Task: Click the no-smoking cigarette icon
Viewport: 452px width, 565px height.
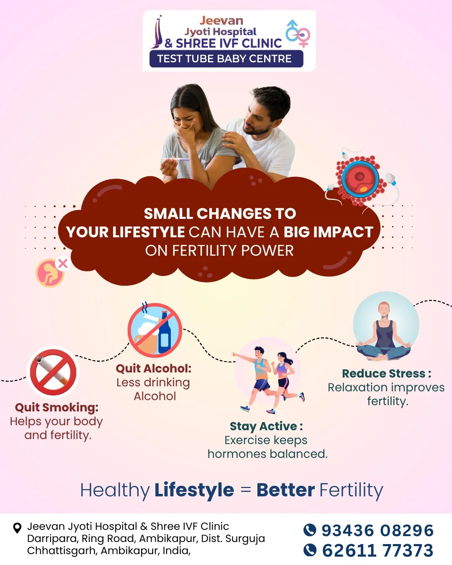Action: (53, 372)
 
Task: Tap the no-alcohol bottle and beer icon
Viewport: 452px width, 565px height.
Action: (155, 330)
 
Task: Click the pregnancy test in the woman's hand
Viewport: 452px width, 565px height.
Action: (175, 159)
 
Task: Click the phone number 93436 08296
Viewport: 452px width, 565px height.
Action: (378, 530)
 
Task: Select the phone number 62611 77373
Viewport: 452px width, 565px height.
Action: (378, 550)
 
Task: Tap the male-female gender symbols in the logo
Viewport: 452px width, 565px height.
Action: (298, 33)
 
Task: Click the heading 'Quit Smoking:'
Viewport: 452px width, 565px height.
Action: (57, 408)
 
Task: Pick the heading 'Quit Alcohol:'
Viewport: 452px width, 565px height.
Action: (154, 369)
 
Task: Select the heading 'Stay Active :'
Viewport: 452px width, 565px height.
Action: (266, 426)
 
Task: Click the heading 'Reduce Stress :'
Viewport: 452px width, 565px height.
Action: (387, 374)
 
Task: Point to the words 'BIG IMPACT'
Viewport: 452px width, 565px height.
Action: (328, 232)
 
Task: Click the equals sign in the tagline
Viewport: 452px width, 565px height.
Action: (246, 490)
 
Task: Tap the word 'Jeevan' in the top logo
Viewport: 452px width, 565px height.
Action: (221, 21)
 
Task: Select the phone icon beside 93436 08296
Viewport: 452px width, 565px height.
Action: (310, 529)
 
